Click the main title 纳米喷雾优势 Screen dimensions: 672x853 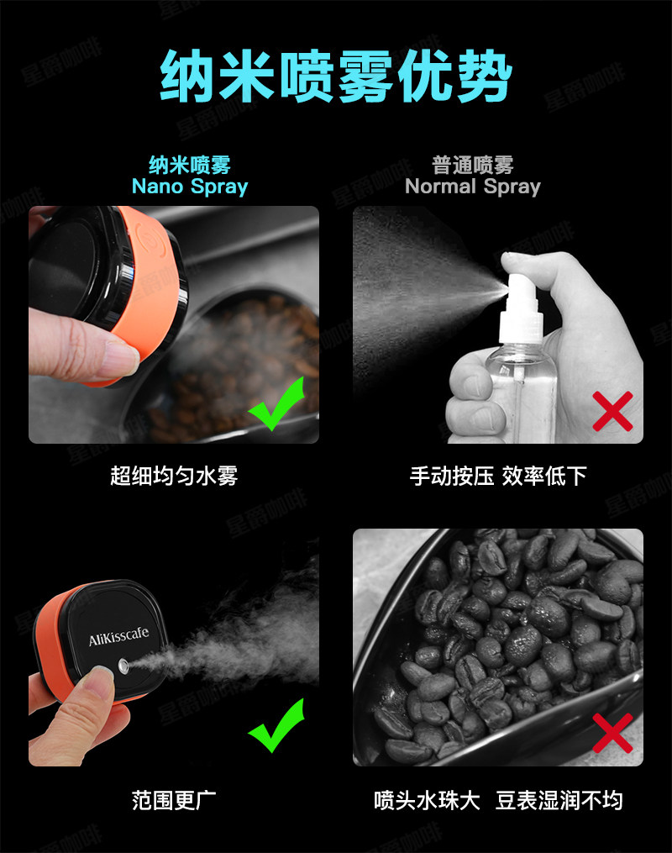336,76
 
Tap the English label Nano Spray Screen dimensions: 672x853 190,187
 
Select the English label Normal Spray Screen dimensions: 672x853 473,187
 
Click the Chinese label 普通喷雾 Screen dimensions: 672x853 473,164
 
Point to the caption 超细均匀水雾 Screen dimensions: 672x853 174,476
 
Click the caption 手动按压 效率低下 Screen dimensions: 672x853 498,476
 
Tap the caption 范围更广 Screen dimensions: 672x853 174,800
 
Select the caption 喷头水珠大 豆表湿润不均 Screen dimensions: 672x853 498,800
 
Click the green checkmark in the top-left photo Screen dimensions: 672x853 276,405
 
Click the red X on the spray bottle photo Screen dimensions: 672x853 612,411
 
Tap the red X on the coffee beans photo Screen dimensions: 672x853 612,733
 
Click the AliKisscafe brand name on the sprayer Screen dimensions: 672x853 119,635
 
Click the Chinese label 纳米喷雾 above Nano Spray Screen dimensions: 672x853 190,164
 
